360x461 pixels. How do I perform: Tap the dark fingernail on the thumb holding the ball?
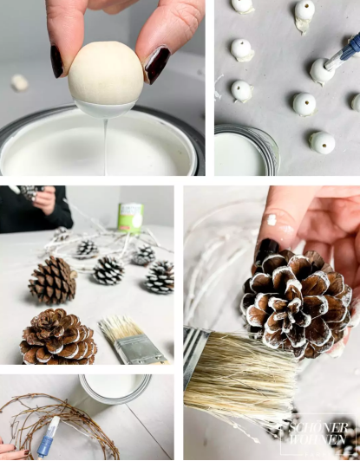(x=57, y=61)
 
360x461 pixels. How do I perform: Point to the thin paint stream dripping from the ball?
(x=106, y=139)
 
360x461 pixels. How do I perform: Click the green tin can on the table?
(x=131, y=217)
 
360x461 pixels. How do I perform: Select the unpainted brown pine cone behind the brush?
(x=54, y=280)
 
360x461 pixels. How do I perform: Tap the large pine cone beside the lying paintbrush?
(x=58, y=336)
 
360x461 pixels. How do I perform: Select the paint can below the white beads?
(x=247, y=151)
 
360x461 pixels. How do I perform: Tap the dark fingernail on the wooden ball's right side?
(x=157, y=64)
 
